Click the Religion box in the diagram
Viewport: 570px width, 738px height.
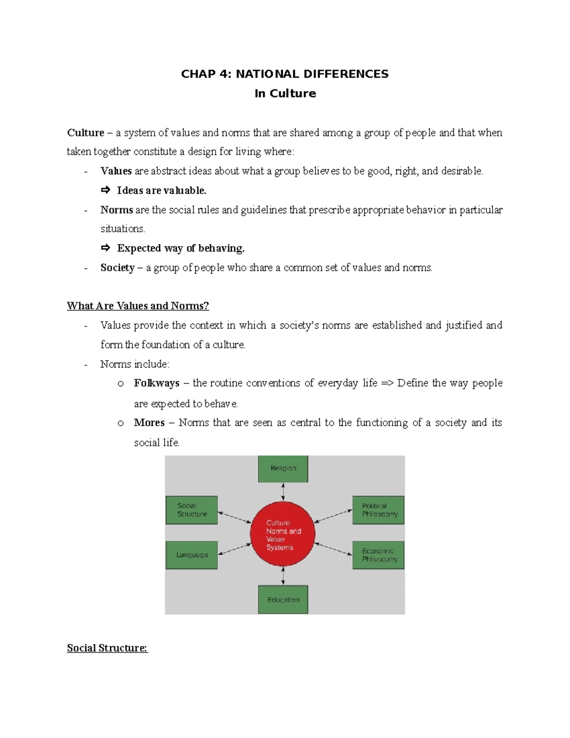(x=283, y=469)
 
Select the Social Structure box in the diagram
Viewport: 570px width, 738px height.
(x=191, y=510)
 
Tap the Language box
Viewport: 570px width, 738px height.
(x=191, y=555)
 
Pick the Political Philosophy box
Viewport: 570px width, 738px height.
(x=378, y=510)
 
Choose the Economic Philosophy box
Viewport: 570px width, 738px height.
(x=378, y=555)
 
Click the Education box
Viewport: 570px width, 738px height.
(x=283, y=599)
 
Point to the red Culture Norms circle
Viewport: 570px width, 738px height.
(x=283, y=534)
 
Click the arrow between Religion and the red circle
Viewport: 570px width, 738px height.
(x=283, y=491)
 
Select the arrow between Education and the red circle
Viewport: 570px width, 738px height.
(x=283, y=576)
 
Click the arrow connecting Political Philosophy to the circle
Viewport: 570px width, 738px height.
(x=333, y=516)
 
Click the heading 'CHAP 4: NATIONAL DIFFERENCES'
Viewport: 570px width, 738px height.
(x=285, y=74)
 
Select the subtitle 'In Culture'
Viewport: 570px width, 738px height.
(x=285, y=93)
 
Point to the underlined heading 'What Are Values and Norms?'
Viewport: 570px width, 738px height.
(x=138, y=306)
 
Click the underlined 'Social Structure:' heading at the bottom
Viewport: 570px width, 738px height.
(x=107, y=648)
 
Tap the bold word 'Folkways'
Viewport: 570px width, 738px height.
(x=156, y=383)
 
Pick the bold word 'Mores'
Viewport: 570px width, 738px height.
(x=149, y=422)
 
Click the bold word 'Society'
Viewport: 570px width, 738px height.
(x=117, y=268)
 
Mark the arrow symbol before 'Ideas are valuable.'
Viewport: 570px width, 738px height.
(x=105, y=191)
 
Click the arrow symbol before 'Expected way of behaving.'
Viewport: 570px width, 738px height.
(x=105, y=248)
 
